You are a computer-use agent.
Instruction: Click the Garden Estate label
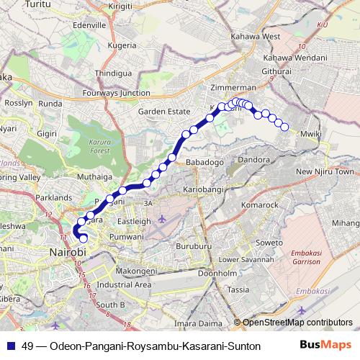click(x=163, y=112)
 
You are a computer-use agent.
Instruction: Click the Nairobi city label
click(x=67, y=253)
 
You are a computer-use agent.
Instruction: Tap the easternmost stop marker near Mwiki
click(x=285, y=127)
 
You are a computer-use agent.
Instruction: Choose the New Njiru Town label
click(x=325, y=171)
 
